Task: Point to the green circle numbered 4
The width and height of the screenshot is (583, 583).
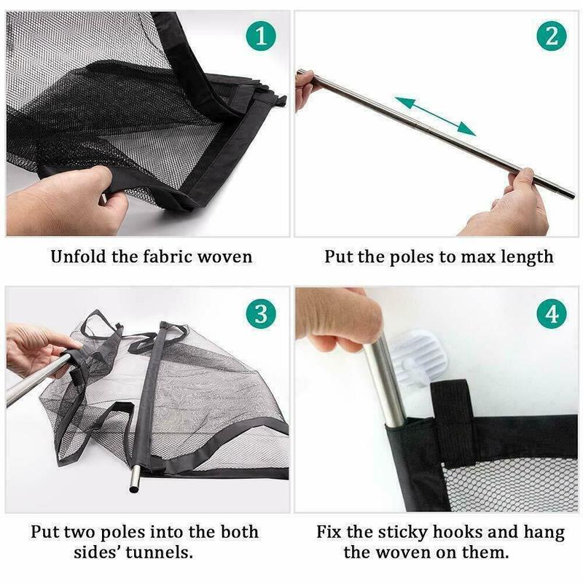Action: pos(551,315)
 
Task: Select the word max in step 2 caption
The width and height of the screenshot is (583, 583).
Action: pos(477,257)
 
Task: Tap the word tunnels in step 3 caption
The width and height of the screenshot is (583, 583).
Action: pos(161,552)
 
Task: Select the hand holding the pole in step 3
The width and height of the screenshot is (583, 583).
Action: pos(36,350)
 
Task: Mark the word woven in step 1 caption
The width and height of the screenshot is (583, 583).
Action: pos(222,257)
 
